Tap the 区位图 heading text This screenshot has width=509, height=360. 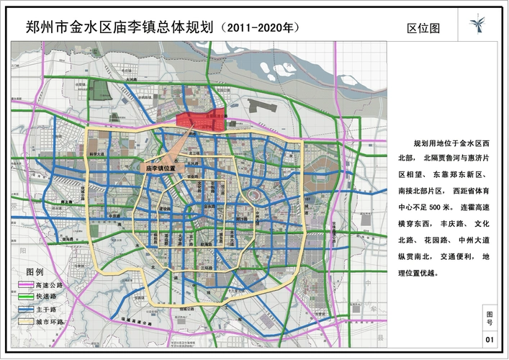423,28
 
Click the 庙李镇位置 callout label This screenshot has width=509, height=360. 162,166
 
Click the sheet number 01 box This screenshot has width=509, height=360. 490,338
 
